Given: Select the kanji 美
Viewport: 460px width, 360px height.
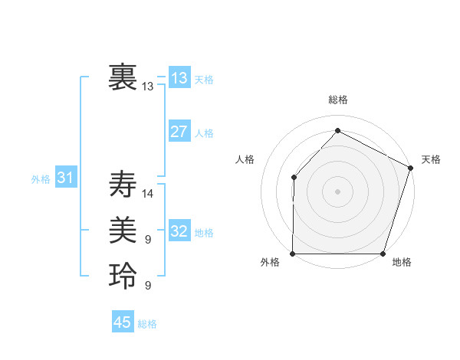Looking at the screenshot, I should tap(123, 229).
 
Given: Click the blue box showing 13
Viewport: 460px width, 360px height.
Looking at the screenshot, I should tap(179, 77).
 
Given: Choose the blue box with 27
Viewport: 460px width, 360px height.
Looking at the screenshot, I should tap(179, 131).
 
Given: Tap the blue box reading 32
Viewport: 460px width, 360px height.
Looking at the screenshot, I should tap(179, 231).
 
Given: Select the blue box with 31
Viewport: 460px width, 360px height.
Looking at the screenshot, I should tap(65, 178).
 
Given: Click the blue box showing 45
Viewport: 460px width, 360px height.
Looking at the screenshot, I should tap(123, 322).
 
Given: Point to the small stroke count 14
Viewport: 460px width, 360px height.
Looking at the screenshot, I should tap(148, 194).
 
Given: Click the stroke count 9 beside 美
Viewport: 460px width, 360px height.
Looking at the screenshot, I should tap(148, 240).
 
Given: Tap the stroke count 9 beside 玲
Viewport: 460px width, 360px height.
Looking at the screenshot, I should tap(148, 286).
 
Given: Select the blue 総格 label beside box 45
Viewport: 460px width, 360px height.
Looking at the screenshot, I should tap(147, 324).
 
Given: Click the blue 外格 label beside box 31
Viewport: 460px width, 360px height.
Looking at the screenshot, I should tap(41, 179).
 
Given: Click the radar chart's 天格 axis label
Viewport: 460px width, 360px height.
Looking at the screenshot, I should tap(431, 159).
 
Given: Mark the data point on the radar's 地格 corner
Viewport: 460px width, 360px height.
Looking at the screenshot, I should tap(383, 254).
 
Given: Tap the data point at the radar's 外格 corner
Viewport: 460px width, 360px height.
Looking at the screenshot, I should tap(293, 254).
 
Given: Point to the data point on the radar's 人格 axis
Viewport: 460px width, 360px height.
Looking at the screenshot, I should tap(294, 177).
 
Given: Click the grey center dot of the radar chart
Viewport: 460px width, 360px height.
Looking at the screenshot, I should tap(337, 191).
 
